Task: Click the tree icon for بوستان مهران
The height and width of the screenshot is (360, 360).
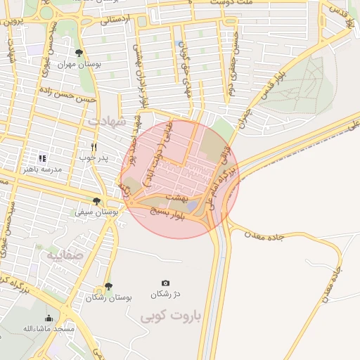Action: (x=79, y=53)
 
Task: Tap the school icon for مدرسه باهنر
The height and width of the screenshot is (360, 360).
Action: (x=42, y=159)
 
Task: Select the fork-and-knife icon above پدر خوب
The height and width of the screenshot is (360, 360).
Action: (x=94, y=147)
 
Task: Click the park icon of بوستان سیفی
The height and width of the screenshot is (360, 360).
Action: (x=96, y=201)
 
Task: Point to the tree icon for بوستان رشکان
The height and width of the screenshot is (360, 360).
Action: (x=108, y=287)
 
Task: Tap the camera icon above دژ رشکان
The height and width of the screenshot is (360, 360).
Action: (x=165, y=283)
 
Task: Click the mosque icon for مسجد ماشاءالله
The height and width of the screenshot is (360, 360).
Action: (x=49, y=319)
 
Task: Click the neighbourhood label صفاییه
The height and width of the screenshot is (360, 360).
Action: (x=65, y=255)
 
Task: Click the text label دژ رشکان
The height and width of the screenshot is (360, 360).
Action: (x=167, y=293)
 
